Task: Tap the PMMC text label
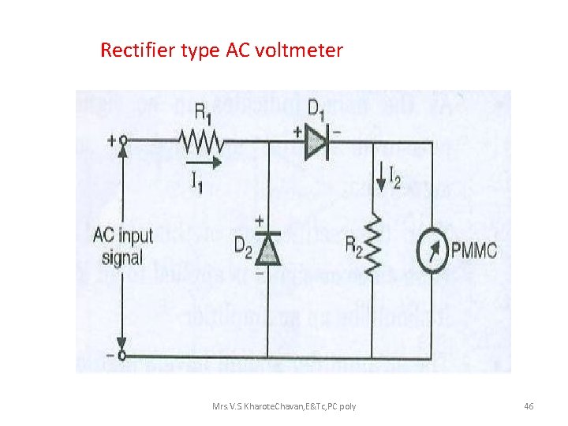(x=474, y=251)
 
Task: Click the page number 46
(x=529, y=405)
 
